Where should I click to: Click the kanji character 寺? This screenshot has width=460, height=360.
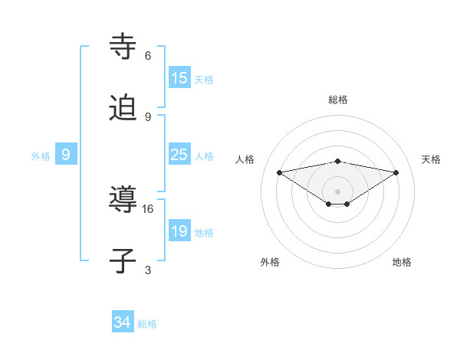(124, 47)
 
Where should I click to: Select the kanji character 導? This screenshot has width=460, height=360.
(124, 200)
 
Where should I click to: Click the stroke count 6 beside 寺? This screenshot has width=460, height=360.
(148, 56)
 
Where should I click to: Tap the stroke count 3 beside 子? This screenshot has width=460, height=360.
(148, 270)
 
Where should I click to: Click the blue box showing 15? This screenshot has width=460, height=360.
(179, 78)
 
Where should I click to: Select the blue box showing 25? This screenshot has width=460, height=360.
(179, 155)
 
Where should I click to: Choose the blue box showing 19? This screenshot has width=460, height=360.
(179, 231)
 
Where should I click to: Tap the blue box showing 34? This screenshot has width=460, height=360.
(123, 322)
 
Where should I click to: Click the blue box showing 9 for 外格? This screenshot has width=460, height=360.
(66, 155)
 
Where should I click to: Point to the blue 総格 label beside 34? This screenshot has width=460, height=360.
(147, 324)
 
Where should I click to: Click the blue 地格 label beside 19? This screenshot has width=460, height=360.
(204, 233)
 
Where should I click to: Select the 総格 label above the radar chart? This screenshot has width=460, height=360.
(337, 100)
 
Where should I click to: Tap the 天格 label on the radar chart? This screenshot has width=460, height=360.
(432, 159)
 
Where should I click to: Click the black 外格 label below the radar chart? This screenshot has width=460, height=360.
(270, 262)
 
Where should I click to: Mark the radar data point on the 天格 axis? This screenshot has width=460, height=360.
(396, 172)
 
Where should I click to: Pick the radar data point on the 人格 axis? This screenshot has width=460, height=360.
(279, 172)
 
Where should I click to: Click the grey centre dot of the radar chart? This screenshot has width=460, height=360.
(337, 191)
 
